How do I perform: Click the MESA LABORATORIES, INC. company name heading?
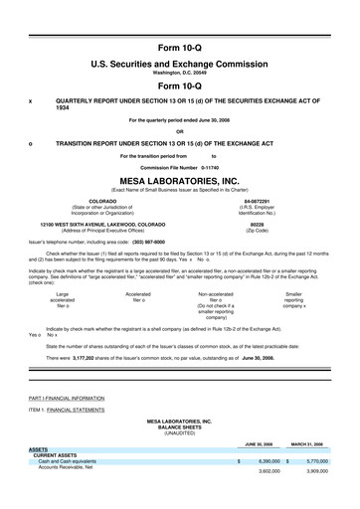[180, 181]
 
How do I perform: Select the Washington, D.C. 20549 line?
[180, 74]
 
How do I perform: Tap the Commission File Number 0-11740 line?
[180, 167]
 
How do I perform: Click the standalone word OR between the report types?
[180, 131]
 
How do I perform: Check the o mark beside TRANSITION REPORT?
[31, 142]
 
